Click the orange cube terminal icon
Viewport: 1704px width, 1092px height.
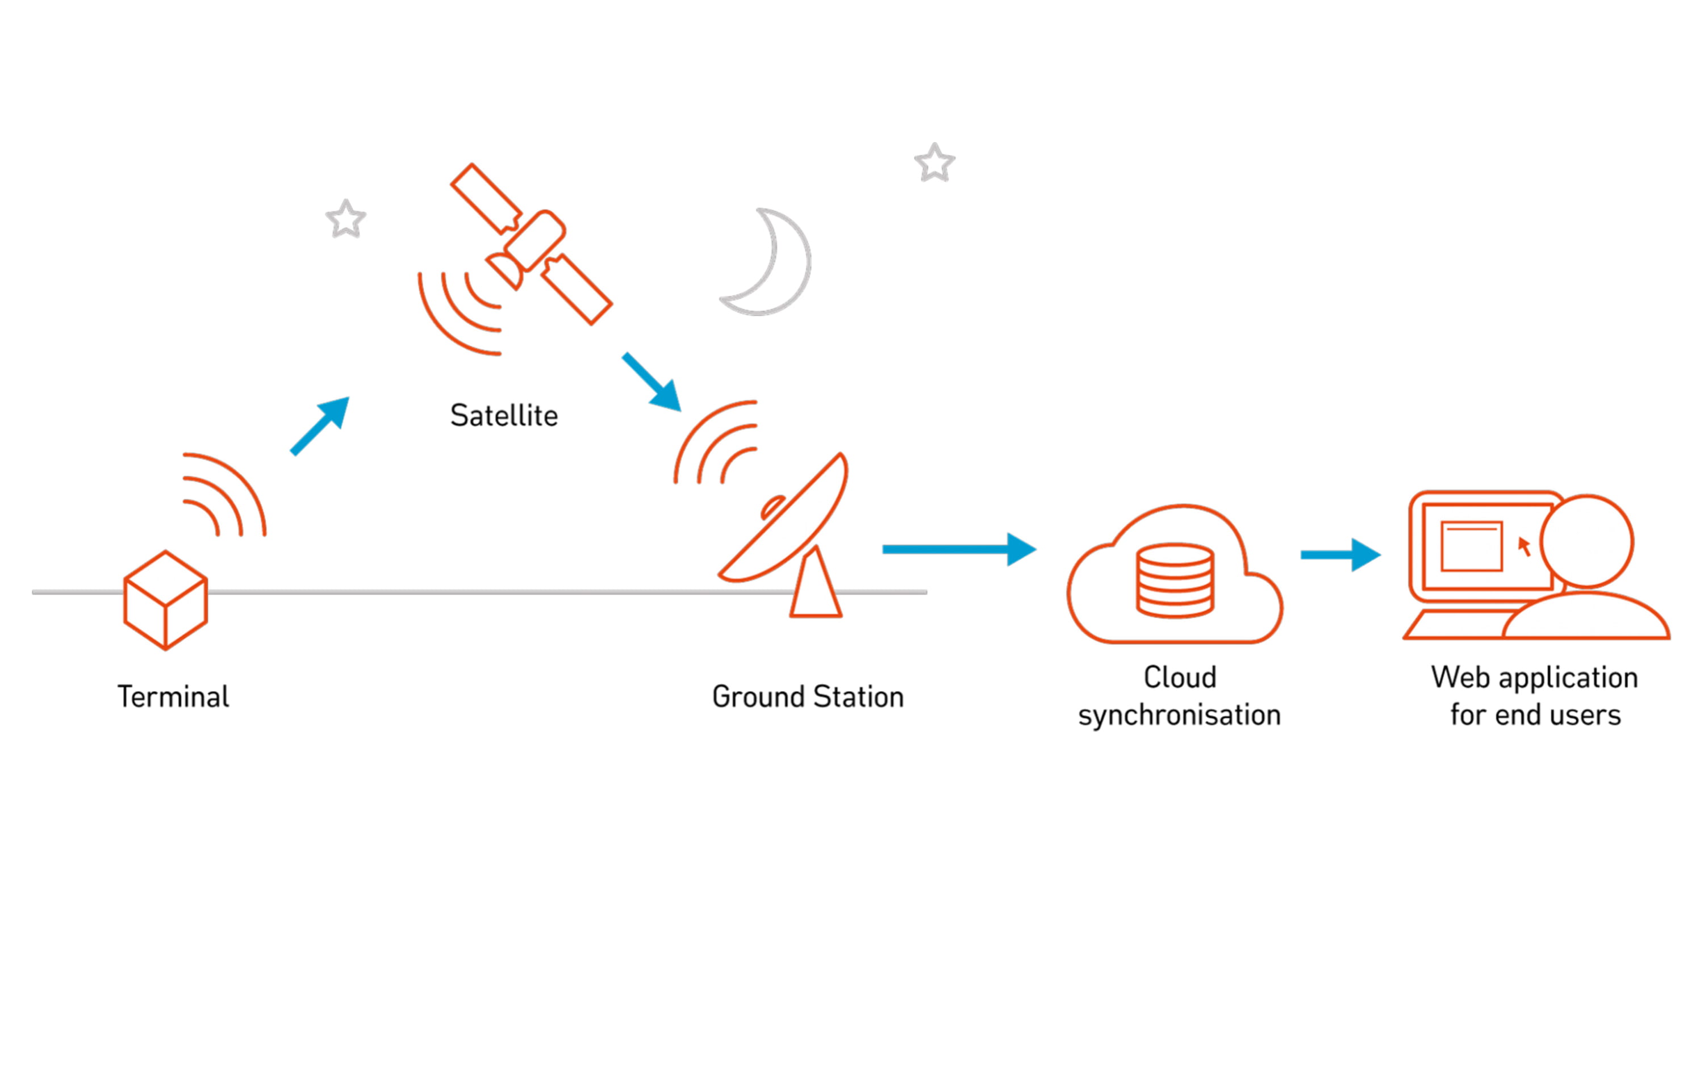[165, 600]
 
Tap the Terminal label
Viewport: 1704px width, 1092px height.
[173, 696]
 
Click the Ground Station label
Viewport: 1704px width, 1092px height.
[808, 696]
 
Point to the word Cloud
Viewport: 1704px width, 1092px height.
[1180, 677]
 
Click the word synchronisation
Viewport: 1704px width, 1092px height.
[1179, 716]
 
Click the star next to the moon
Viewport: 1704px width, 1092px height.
[934, 163]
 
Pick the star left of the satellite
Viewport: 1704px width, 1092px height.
[346, 219]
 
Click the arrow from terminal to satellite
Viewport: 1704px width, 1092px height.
[320, 425]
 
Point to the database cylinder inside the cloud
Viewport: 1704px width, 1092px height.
[1175, 581]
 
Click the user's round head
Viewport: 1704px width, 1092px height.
[1587, 542]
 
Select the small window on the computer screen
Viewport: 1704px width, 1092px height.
[1472, 547]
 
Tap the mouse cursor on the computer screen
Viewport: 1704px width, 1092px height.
[1524, 546]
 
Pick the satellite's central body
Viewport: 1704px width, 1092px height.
[534, 240]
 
